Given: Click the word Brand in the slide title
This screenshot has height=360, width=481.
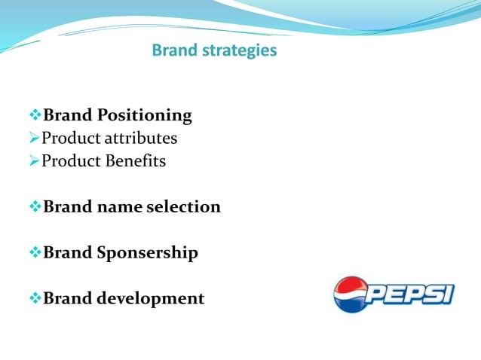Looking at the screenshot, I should tap(173, 50).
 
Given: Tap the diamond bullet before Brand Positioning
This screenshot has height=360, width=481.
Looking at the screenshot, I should tap(34, 115).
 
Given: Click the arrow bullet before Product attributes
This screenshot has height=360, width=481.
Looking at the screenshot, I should tap(34, 139).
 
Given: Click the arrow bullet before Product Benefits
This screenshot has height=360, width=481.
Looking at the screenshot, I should tap(34, 161).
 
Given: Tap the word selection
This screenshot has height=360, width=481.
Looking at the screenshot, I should tap(185, 206).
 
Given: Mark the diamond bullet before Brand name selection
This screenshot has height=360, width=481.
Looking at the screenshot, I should tap(34, 206).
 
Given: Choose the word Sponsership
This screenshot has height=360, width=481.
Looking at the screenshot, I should tap(148, 253).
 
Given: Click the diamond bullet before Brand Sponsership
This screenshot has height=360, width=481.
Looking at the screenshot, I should tap(34, 252).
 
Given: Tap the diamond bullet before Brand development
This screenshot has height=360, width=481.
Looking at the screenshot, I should tap(34, 298).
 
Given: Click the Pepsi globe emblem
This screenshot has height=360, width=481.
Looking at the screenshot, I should tap(350, 294).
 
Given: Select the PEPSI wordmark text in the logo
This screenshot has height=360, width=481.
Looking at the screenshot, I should tap(412, 293).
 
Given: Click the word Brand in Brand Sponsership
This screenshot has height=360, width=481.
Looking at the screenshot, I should tap(68, 252).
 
